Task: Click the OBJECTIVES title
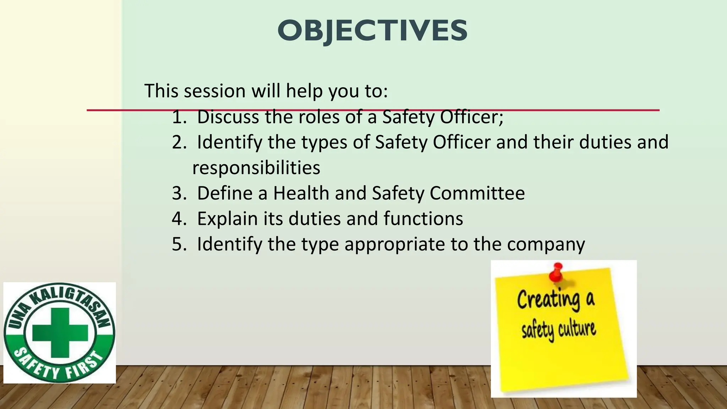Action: pos(372,31)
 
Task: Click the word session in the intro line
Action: pos(214,91)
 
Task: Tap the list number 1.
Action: pos(179,117)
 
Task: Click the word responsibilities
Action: pos(256,168)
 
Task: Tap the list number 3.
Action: pos(179,193)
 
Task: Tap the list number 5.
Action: pos(179,244)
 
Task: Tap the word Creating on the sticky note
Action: pos(548,300)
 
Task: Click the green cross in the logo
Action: pos(60,333)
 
